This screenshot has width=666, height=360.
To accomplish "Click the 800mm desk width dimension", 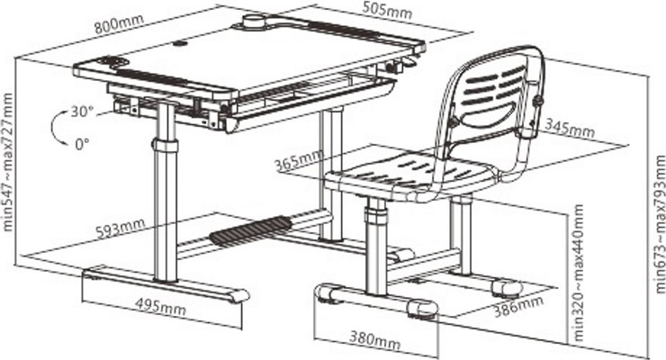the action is (x=120, y=24).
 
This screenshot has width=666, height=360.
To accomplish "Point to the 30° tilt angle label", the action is (x=82, y=112).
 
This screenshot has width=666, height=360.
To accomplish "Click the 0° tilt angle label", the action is (x=82, y=144).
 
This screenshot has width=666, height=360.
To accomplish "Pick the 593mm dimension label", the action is (x=121, y=228).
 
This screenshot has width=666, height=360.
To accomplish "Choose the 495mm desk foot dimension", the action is (x=160, y=306).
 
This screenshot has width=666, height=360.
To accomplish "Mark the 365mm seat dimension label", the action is (x=298, y=160).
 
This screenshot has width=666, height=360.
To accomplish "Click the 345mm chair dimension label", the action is (x=570, y=128).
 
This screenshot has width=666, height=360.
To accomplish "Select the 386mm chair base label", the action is (x=518, y=306).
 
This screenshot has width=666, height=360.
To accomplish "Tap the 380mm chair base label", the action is (x=374, y=339).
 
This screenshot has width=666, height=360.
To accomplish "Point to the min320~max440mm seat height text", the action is (x=579, y=273).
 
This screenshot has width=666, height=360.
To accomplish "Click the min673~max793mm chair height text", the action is (x=660, y=224).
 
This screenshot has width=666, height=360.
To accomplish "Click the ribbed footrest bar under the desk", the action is (x=250, y=230).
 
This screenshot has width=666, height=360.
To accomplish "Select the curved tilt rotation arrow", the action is (x=57, y=128).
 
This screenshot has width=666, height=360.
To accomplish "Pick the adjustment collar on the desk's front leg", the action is (x=166, y=145).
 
